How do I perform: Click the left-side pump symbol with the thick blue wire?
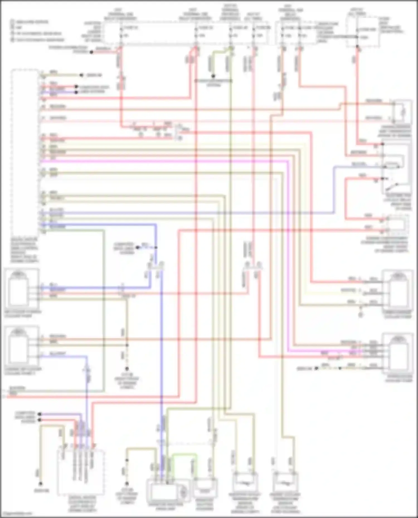[x=18, y=289]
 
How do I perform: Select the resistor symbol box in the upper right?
[x=402, y=112]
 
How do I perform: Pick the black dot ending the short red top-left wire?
[x=91, y=52]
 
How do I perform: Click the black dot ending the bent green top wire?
[x=213, y=76]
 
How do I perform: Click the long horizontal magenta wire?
[x=167, y=161]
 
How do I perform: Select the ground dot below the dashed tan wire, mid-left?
[x=127, y=369]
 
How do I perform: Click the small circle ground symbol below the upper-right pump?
[x=361, y=315]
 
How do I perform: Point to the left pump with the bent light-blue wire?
[x=18, y=348]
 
